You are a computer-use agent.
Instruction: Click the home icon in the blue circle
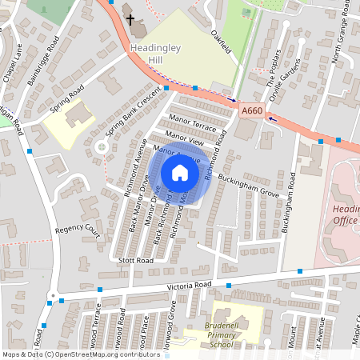tap(180, 172)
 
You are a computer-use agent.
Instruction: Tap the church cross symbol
tap(130, 18)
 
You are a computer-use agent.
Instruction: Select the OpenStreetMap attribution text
tap(80, 354)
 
